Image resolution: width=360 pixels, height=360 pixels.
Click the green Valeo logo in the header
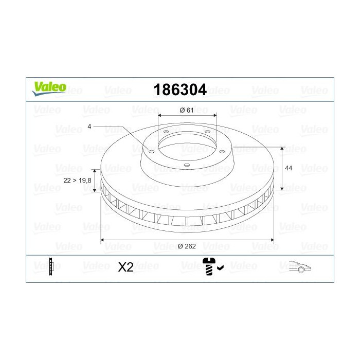point(49,88)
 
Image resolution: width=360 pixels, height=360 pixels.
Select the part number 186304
point(180,91)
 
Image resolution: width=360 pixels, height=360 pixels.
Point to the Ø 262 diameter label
point(188,246)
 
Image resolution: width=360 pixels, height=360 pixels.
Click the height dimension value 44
point(288,168)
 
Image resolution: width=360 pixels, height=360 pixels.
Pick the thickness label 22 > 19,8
point(77,180)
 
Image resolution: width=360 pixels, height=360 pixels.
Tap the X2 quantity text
point(125,267)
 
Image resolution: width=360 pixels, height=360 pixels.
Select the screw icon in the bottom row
point(209,266)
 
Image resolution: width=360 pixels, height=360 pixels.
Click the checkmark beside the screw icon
point(220,267)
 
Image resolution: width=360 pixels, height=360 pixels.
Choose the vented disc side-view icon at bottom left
point(51,266)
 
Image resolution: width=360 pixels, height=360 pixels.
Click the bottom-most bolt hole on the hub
point(187,165)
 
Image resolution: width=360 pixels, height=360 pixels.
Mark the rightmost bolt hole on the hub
point(222,151)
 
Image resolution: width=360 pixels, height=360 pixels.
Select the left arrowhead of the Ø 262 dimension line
point(102,239)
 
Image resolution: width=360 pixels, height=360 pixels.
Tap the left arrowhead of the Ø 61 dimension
point(159,115)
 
